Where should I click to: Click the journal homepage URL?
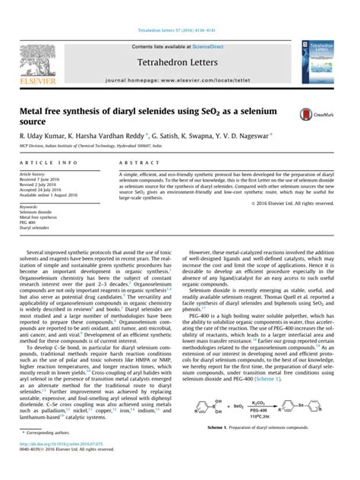[212, 79]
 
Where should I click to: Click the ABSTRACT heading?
[134, 163]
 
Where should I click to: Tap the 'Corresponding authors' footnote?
[56, 453]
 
